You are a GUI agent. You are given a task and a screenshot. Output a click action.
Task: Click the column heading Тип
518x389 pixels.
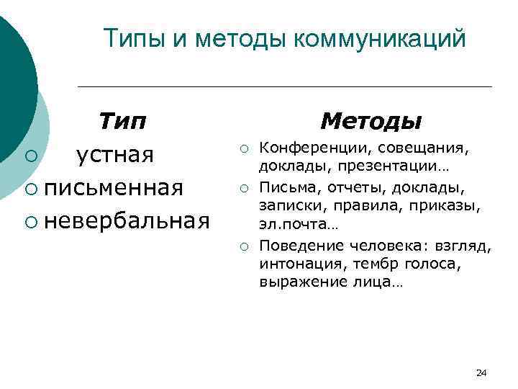coord(122,120)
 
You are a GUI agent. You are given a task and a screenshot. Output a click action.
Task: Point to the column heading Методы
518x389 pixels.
coord(371,120)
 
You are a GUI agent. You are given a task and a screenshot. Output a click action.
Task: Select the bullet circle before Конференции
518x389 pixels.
coord(245,149)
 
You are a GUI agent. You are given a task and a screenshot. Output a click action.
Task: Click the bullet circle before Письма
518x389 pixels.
coord(245,189)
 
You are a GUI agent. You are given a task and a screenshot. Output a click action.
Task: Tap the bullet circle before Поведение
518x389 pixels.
coord(245,248)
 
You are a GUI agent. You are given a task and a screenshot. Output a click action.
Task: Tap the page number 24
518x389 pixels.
coord(481,372)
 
